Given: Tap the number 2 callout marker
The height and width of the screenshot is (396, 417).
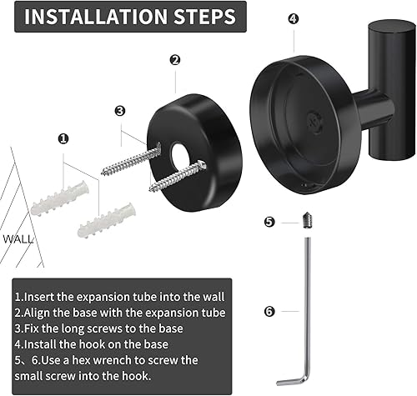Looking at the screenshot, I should [x=174, y=59].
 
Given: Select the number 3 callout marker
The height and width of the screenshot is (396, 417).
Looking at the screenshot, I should [x=120, y=110].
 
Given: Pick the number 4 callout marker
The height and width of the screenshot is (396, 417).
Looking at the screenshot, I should [x=292, y=18].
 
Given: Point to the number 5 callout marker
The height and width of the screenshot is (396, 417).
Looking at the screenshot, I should [x=269, y=222].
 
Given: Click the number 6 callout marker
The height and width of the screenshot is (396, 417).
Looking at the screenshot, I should [x=269, y=311].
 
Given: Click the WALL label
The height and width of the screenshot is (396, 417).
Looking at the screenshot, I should [x=18, y=238].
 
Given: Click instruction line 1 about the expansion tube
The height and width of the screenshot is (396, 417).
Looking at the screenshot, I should [x=118, y=296].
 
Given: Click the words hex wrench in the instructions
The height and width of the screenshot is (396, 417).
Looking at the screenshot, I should [x=118, y=361].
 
